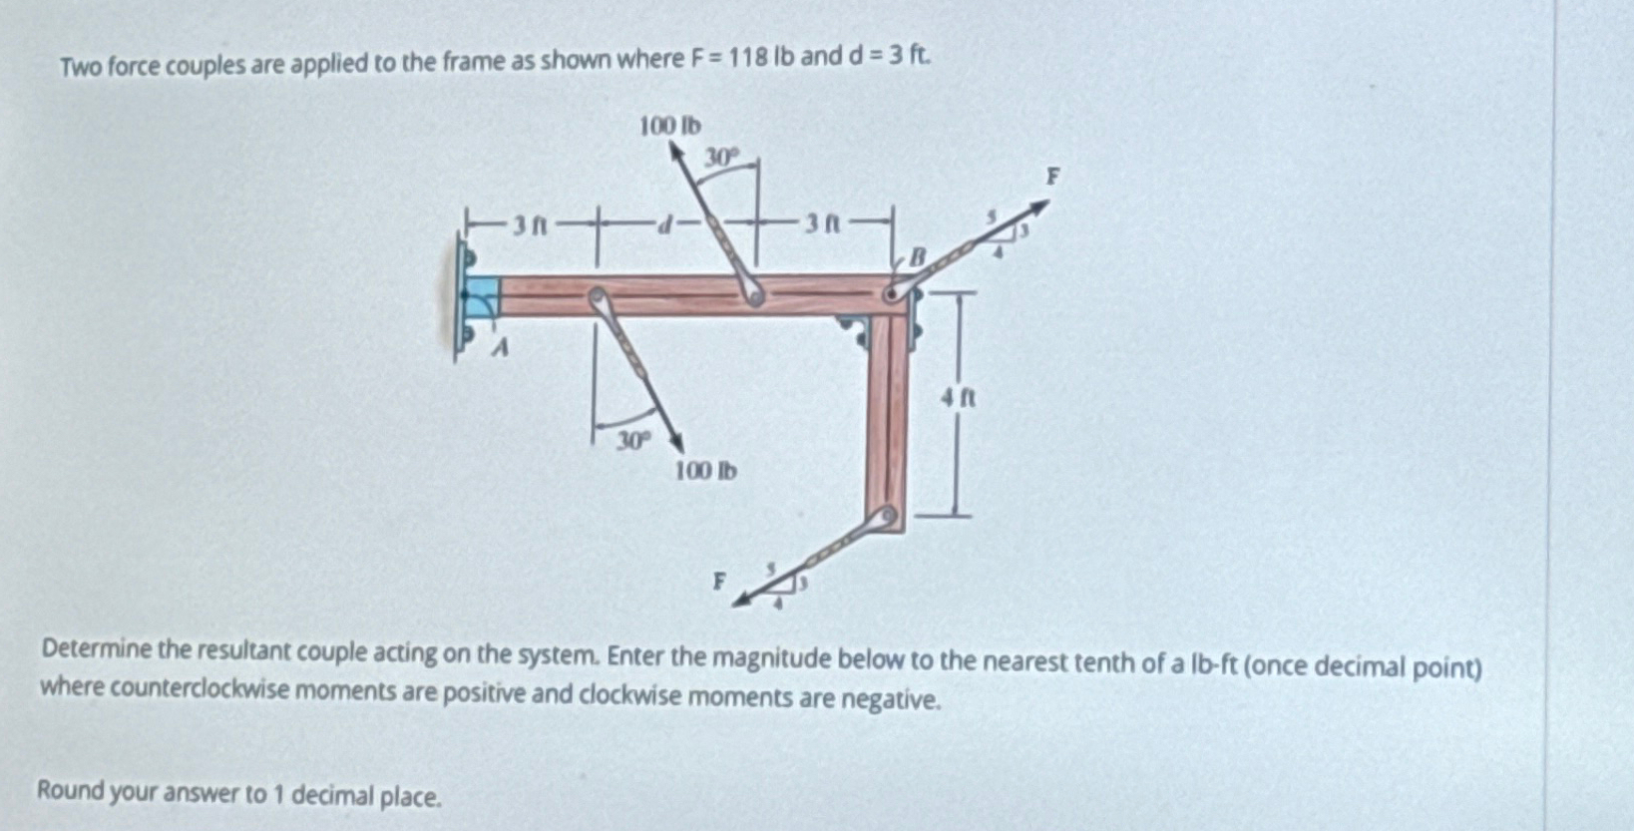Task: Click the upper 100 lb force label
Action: click(x=669, y=127)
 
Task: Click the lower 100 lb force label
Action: click(x=706, y=470)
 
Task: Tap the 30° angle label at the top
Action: click(x=723, y=158)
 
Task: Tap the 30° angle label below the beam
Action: click(x=632, y=440)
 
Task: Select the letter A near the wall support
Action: click(x=503, y=348)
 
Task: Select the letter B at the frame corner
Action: click(x=920, y=259)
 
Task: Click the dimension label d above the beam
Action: click(x=660, y=225)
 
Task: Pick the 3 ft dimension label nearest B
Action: click(x=825, y=224)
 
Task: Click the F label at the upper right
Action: click(x=1050, y=178)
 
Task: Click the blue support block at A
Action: click(x=484, y=296)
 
